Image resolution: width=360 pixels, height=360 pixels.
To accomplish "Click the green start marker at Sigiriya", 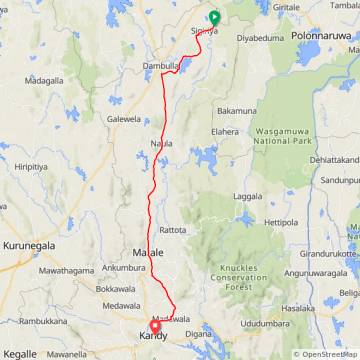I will tap(214, 17).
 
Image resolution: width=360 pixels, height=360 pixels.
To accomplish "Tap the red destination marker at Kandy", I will tap(155, 327).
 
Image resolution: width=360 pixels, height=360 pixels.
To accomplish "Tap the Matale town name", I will tap(148, 253).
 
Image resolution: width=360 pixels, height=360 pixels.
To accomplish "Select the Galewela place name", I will tap(124, 118).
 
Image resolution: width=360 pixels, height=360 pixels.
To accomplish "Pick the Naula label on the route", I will tap(161, 143).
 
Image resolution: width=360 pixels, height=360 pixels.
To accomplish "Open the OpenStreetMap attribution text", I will tap(326, 354).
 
